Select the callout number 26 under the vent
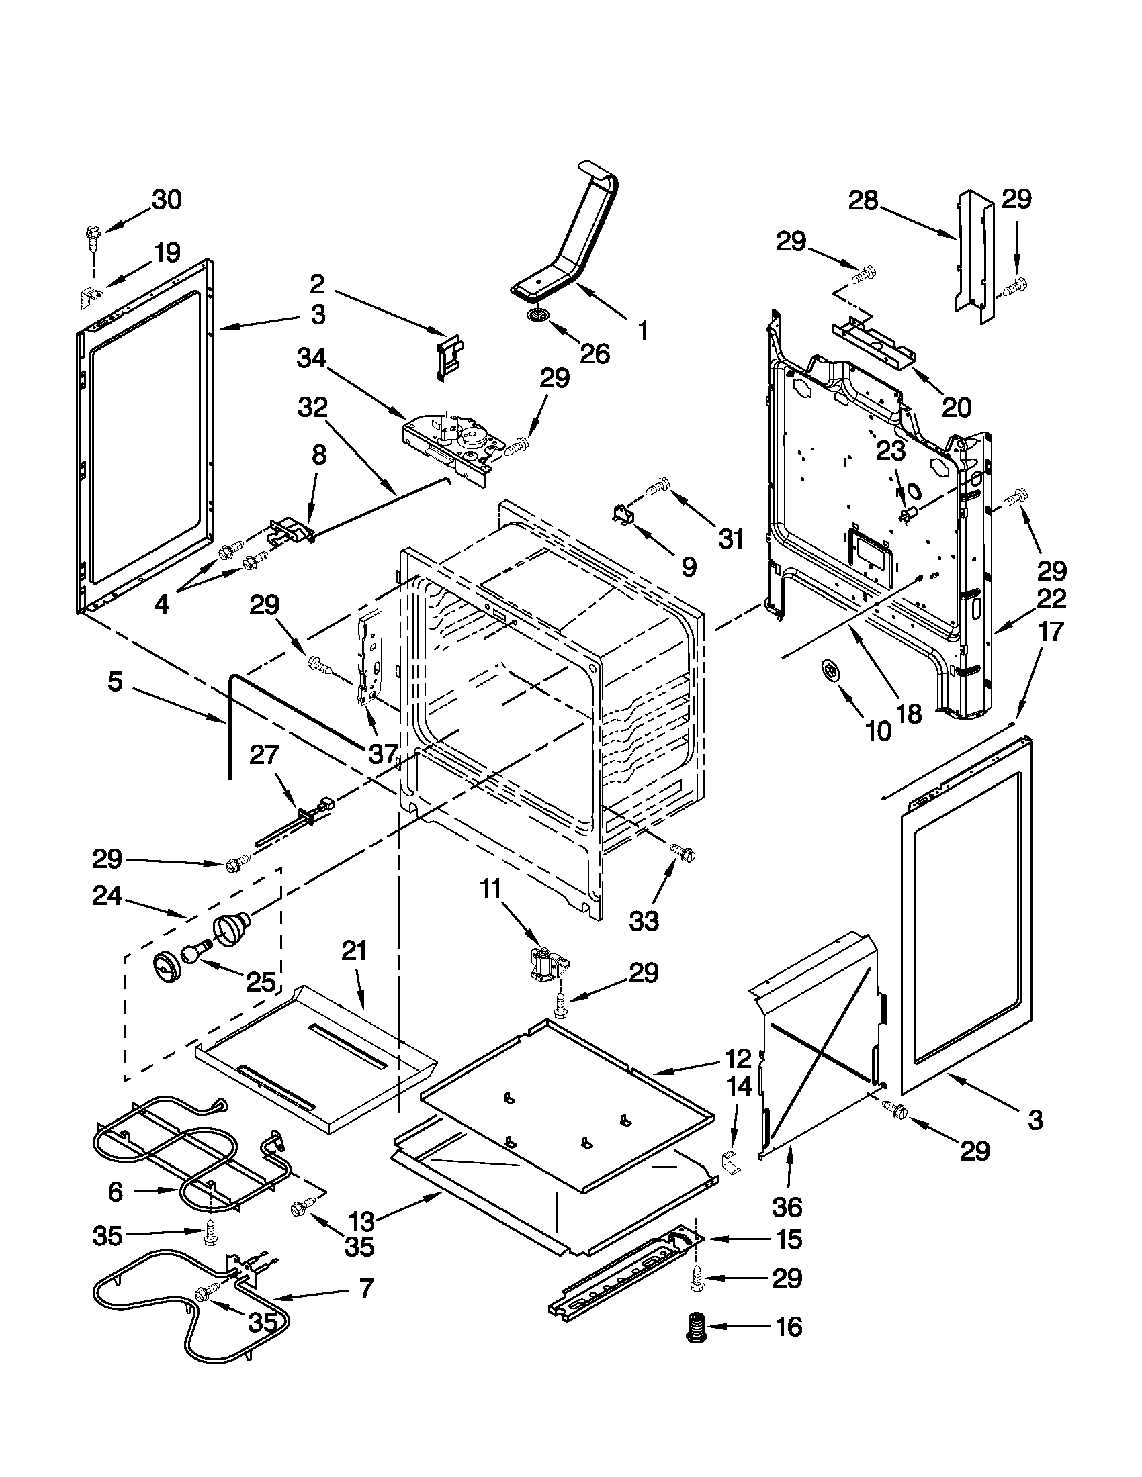594,353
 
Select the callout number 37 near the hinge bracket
382,753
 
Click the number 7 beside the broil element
365,1289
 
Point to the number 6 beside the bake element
116,1192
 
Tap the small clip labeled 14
730,1163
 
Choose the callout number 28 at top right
864,200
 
